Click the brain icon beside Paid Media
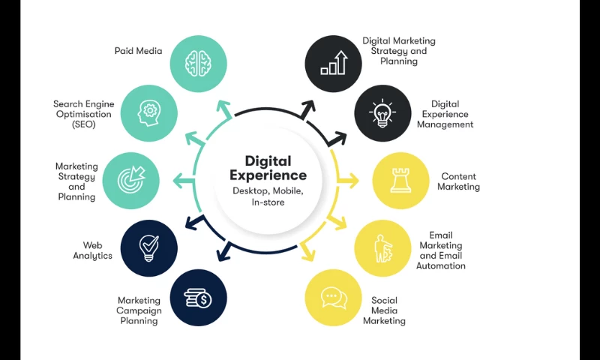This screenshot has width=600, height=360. tap(199, 63)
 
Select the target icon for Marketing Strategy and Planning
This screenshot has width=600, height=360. tap(130, 181)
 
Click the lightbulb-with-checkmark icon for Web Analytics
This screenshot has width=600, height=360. tap(149, 247)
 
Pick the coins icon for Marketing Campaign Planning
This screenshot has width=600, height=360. tap(199, 298)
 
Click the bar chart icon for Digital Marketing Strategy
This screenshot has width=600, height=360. tap(334, 63)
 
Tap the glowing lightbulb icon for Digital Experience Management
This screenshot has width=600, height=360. tap(382, 113)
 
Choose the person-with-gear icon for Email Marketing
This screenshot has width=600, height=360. tap(383, 247)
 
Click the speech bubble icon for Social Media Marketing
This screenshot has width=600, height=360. tap(334, 298)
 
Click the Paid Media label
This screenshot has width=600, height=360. tap(138, 51)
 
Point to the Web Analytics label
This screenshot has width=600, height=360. tap(92, 250)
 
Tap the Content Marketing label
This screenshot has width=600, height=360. tap(458, 181)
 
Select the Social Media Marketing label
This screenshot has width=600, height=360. tap(384, 310)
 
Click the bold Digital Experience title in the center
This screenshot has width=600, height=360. tap(268, 168)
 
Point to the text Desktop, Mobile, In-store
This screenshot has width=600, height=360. tap(268, 196)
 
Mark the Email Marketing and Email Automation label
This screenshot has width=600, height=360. tap(441, 250)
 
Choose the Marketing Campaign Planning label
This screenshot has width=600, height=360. tap(138, 310)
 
